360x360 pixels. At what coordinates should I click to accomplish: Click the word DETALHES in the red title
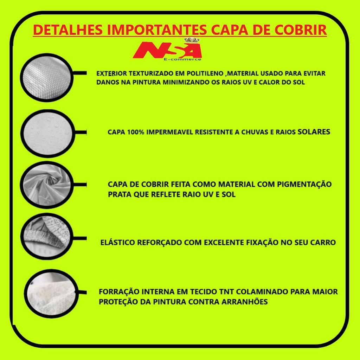[68, 30]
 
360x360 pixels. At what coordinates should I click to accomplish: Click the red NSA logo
[167, 50]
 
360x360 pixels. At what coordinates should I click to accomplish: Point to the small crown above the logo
[192, 40]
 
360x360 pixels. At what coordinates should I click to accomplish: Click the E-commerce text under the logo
[182, 59]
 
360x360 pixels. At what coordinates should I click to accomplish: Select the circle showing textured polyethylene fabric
[47, 77]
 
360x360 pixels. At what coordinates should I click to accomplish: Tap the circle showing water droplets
[48, 133]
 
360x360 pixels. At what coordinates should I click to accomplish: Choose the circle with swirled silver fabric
[47, 185]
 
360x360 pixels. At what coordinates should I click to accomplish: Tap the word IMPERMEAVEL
[170, 132]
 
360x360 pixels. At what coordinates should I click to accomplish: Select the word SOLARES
[314, 132]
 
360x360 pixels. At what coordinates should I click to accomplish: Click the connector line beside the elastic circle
[80, 238]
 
